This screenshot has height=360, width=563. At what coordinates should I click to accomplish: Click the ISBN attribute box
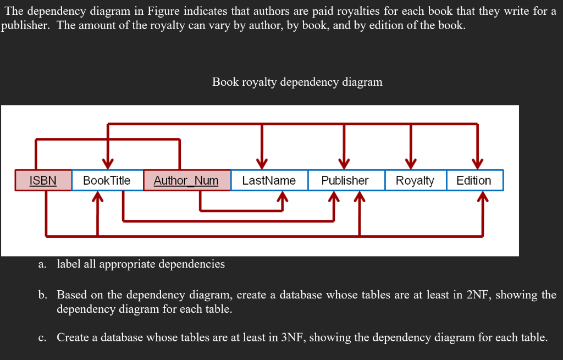point(43,180)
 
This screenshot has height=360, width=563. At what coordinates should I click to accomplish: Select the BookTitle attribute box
point(107,180)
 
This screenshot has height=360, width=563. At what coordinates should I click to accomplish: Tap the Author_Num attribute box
point(186,180)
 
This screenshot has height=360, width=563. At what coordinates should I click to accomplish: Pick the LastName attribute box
point(269,180)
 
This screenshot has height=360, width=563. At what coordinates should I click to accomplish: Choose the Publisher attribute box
point(345,180)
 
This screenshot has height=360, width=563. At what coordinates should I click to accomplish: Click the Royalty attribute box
point(415,180)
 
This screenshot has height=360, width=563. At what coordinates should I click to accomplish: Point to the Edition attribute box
point(474,180)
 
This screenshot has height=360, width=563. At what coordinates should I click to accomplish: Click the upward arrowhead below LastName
point(282,197)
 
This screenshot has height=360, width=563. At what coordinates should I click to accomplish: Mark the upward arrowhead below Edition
point(482,197)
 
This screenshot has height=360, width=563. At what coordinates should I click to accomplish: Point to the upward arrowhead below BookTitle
point(97,197)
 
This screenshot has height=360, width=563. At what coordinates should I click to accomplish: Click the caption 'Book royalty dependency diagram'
point(297,82)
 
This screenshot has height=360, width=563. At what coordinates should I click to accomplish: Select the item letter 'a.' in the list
point(42,264)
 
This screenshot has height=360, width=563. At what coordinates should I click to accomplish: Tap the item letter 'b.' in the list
point(42,295)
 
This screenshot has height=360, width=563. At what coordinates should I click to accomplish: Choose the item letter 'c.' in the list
point(42,337)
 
